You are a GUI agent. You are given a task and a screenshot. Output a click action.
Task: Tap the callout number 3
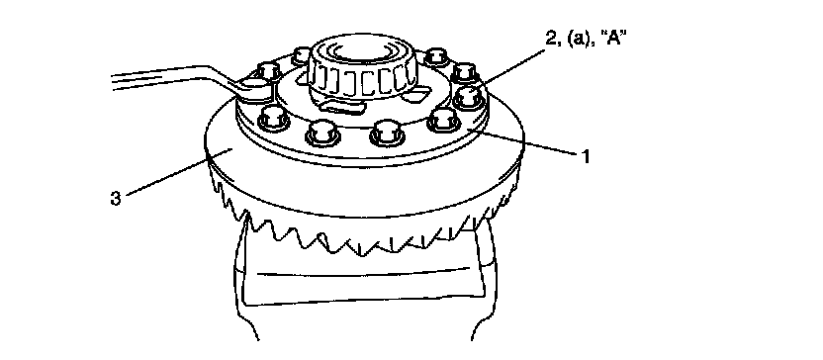116,199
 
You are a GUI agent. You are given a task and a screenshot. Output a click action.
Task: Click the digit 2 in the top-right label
551,40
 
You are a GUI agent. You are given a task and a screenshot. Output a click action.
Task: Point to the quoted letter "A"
611,40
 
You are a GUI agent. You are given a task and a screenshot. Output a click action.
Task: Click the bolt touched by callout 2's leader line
468,96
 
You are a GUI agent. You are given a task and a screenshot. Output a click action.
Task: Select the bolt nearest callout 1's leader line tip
442,122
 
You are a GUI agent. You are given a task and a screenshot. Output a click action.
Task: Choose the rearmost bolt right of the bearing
435,55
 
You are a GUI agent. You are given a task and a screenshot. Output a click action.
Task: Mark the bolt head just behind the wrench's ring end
268,70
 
